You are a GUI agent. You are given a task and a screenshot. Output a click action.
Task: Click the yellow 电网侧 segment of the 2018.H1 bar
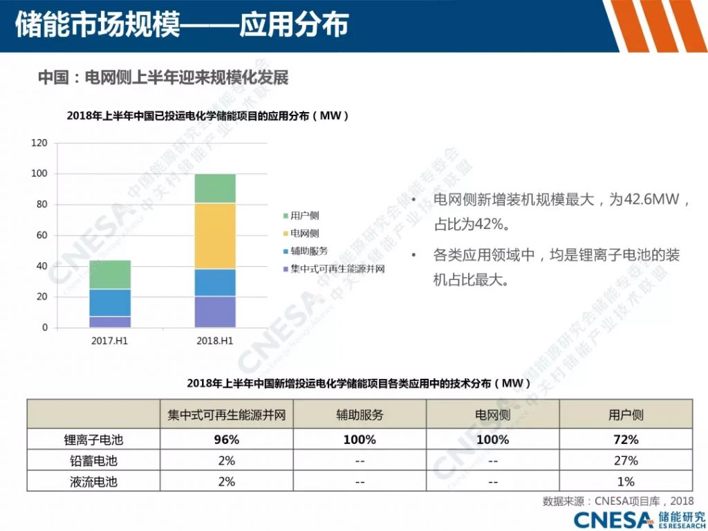pos(214,236)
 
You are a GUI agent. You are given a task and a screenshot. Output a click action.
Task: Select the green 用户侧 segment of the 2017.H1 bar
pos(110,274)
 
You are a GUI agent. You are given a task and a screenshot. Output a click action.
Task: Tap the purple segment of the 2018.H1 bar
pos(214,312)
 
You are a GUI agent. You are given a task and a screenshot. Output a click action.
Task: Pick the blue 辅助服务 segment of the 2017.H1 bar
pos(110,303)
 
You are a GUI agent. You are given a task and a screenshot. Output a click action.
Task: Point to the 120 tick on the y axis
pos(39,143)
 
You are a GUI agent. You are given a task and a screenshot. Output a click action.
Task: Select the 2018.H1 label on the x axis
pos(214,341)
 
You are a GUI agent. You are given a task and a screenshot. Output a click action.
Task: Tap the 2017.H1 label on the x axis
pos(110,341)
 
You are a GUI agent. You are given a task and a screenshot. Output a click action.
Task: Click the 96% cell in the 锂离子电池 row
pos(226,440)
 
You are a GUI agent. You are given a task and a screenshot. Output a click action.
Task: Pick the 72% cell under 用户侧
pos(625,440)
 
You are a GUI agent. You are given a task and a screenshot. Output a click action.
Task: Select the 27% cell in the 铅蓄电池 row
pos(625,460)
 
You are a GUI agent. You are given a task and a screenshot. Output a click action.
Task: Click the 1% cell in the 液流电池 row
pos(625,482)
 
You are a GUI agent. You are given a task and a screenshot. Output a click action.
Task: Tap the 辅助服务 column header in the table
pos(360,416)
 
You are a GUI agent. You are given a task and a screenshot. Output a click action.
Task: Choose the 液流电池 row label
pos(93,482)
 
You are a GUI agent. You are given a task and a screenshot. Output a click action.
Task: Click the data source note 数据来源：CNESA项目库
pos(616,501)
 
